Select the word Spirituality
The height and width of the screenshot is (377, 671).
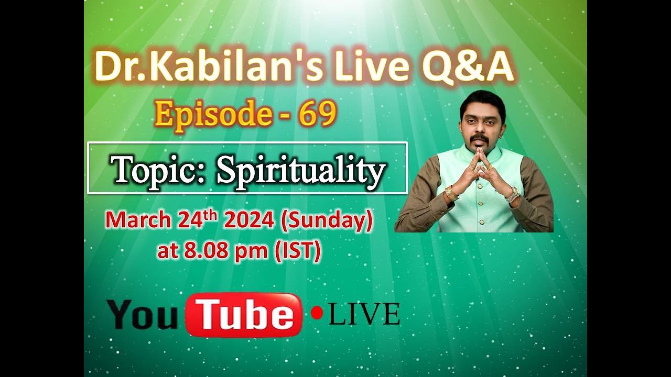click(301, 170)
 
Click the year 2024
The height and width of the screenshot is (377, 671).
click(248, 220)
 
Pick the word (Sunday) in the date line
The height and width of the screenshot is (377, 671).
click(326, 220)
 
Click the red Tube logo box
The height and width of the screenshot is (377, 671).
click(244, 315)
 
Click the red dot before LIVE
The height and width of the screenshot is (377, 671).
click(317, 313)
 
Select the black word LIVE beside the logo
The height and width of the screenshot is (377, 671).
click(364, 314)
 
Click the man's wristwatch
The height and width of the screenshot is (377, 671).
click(512, 195)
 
